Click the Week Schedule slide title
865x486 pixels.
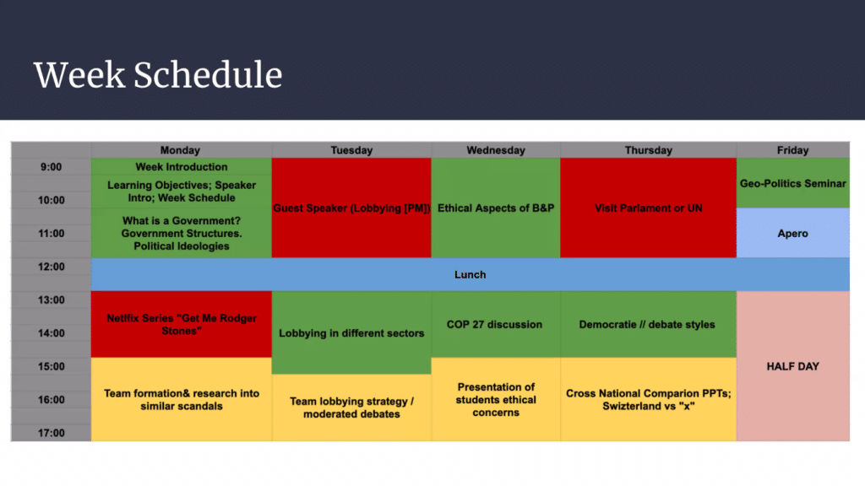pos(158,75)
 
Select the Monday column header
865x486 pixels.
pos(181,150)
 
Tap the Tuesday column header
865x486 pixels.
pos(351,150)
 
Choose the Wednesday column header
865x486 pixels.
pos(496,150)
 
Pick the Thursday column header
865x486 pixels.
pos(648,150)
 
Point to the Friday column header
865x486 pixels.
pos(792,150)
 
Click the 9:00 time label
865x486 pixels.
pos(51,167)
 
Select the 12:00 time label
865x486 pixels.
pos(51,267)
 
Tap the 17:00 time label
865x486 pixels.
pos(51,433)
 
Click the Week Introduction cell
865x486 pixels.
pos(182,167)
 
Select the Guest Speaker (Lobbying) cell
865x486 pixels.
pos(351,208)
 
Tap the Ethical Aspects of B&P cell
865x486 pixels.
pos(496,208)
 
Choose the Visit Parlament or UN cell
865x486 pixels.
pos(648,208)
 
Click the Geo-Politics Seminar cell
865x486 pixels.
pos(792,183)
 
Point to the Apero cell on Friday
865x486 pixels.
pos(792,233)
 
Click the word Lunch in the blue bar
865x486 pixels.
pos(470,274)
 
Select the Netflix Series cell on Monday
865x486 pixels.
pos(182,324)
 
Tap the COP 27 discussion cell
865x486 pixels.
pos(496,325)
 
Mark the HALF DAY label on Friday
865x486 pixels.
pos(792,366)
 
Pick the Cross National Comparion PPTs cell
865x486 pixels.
pos(648,399)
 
